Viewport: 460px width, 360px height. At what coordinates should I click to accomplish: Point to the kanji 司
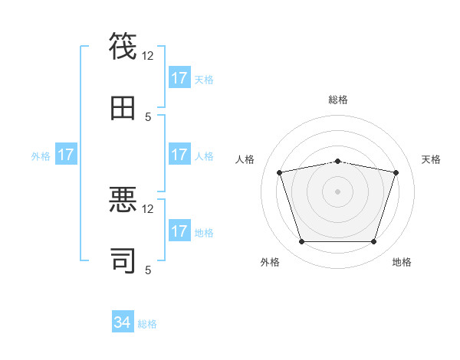tap(123, 260)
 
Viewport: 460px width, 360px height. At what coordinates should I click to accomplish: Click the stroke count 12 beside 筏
tap(148, 55)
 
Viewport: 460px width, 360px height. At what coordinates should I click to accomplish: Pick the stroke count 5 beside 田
tap(148, 116)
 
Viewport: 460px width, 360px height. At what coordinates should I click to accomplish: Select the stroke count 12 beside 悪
tap(148, 208)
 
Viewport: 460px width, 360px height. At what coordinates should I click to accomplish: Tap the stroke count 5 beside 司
tap(148, 270)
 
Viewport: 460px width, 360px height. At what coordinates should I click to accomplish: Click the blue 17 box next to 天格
tap(179, 78)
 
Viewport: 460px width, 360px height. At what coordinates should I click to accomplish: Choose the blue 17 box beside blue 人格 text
tap(179, 155)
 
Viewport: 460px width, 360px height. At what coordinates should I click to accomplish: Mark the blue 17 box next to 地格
tap(179, 231)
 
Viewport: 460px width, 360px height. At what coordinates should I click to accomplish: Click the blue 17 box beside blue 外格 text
tap(66, 155)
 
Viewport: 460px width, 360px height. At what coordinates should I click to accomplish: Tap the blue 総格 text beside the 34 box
tap(147, 324)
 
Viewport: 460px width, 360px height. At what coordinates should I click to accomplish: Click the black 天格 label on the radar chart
tap(431, 159)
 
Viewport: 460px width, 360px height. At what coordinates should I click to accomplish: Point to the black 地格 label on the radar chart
tap(402, 262)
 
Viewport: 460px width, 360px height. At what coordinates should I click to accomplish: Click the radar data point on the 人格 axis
tap(279, 172)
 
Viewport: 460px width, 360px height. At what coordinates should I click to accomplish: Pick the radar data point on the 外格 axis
tap(301, 242)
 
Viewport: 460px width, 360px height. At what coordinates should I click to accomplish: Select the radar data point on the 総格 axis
tap(338, 161)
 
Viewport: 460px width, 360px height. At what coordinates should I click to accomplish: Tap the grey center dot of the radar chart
tap(338, 191)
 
